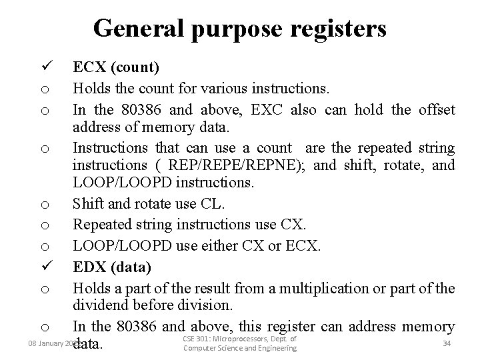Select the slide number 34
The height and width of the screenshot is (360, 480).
click(x=446, y=343)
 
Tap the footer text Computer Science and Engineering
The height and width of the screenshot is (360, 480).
click(x=239, y=349)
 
